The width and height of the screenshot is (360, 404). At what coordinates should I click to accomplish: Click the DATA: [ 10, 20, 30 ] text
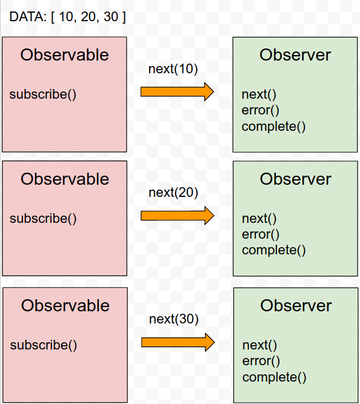(67, 17)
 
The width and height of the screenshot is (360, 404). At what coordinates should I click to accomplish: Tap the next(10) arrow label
(173, 69)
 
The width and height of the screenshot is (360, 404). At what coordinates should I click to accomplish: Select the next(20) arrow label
(173, 193)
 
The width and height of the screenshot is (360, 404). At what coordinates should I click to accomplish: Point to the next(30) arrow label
(174, 319)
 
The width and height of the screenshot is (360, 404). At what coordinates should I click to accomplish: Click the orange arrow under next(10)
(177, 91)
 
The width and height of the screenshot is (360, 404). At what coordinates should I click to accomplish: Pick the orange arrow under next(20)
(177, 216)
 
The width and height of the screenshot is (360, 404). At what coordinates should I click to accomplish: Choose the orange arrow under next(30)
(178, 342)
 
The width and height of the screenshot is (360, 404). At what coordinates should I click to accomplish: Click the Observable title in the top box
(64, 55)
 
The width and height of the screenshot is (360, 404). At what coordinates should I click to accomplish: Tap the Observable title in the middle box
(65, 179)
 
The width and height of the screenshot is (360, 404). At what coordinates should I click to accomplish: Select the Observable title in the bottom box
(65, 306)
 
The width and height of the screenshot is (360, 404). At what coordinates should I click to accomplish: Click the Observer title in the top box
(295, 55)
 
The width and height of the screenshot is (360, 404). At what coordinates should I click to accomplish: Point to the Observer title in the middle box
(296, 179)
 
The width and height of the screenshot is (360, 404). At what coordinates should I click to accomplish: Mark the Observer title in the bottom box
(296, 306)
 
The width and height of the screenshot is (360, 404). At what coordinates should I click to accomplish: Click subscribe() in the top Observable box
(43, 94)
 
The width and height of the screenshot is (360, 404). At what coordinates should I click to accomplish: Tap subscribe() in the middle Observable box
(43, 219)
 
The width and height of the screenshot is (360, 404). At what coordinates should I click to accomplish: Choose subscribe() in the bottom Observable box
(44, 345)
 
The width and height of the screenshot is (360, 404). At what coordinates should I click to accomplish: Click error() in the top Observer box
(260, 110)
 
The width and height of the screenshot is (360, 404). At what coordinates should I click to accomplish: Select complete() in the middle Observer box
(274, 250)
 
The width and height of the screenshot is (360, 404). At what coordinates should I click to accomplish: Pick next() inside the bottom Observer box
(259, 345)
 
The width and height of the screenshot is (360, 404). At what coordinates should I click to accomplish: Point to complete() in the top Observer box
(273, 127)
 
